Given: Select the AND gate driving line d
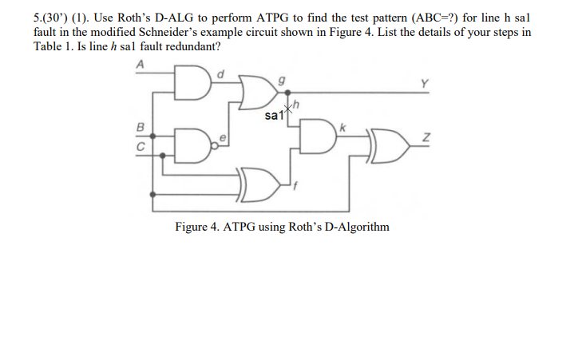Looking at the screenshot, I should pos(193,82).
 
